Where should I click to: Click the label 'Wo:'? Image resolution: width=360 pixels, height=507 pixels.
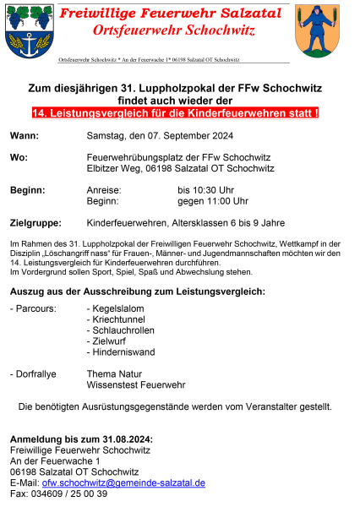pos(19,158)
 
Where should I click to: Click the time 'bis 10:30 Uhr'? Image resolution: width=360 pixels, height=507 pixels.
pos(212,191)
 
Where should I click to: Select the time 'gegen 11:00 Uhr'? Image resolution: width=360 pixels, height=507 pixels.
pos(212,201)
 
